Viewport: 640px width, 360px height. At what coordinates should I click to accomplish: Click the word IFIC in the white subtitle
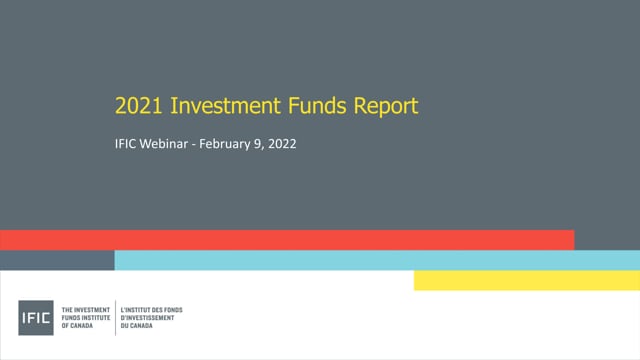coord(127,144)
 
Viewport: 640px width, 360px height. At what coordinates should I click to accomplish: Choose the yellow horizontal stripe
coord(526,280)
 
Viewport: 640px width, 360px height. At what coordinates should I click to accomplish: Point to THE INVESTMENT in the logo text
coord(86,310)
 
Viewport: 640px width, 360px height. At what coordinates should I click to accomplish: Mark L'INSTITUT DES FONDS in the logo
coord(151,310)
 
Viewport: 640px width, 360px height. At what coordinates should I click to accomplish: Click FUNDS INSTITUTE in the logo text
coord(87,318)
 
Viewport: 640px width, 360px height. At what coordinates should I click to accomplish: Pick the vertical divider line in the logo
coord(115,318)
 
